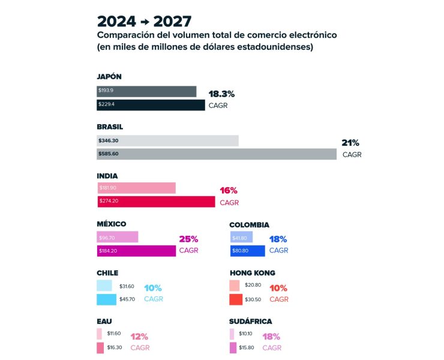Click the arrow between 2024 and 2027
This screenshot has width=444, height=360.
tap(144, 22)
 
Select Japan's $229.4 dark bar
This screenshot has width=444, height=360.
tap(151, 105)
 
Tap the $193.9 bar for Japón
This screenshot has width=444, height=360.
tap(146, 91)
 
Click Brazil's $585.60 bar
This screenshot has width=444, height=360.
tap(217, 154)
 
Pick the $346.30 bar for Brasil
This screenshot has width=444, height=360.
tap(167, 140)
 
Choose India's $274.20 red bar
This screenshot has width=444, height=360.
tap(156, 202)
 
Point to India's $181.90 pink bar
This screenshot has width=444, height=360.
tap(136, 188)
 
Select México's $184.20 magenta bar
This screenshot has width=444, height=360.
tap(136, 251)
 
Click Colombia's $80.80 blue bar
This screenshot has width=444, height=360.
tap(247, 251)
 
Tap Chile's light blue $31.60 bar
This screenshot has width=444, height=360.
tap(104, 286)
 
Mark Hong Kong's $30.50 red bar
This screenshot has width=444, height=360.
tap(236, 299)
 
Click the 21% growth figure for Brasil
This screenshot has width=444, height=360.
tap(350, 143)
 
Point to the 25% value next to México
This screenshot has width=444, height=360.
tap(188, 239)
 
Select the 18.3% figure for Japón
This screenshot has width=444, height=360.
tap(221, 94)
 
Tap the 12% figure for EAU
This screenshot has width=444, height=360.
tap(139, 337)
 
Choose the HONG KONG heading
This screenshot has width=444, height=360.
tap(253, 273)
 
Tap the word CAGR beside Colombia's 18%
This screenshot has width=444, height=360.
tap(278, 250)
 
